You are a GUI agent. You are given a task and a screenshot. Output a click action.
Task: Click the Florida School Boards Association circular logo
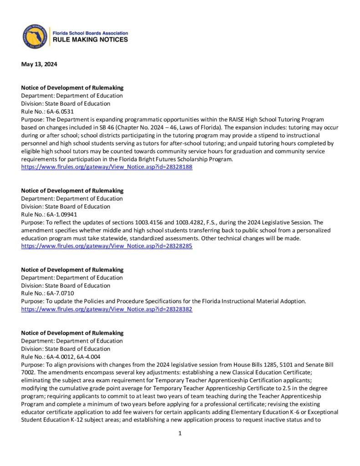[x=35, y=36]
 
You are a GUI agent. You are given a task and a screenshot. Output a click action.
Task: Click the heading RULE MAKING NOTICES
[x=91, y=40]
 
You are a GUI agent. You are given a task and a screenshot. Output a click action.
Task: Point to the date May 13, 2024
[x=39, y=64]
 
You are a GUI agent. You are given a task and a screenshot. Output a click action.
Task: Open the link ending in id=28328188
[x=107, y=167]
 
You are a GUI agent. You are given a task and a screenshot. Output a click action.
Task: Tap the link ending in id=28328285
[x=107, y=246]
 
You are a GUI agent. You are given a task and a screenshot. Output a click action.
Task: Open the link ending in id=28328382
[x=107, y=309]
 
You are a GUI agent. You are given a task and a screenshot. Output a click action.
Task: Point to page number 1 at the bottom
[x=180, y=433]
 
